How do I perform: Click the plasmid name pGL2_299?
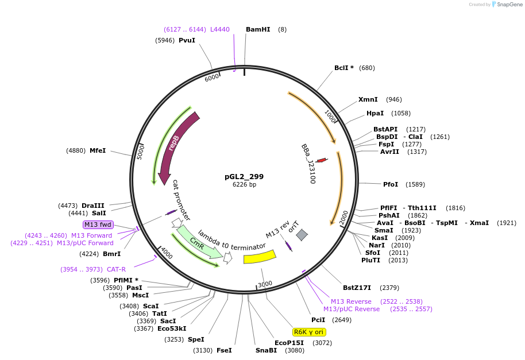coord(244,176)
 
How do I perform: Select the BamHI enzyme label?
coord(257,29)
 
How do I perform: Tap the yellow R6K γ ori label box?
coord(310,332)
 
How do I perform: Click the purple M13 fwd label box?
coord(98,224)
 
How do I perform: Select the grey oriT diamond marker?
coord(302,234)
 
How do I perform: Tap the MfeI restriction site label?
coord(98,150)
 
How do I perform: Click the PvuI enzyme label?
coord(187,40)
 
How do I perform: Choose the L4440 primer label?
coord(219,29)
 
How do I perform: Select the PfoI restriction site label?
coord(391,184)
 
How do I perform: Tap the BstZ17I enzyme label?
coord(357,288)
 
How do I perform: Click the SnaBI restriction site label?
coord(266,350)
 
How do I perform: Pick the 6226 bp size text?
coord(244,185)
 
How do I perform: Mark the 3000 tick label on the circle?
coord(265,284)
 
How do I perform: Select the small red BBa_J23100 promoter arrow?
coord(322,160)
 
